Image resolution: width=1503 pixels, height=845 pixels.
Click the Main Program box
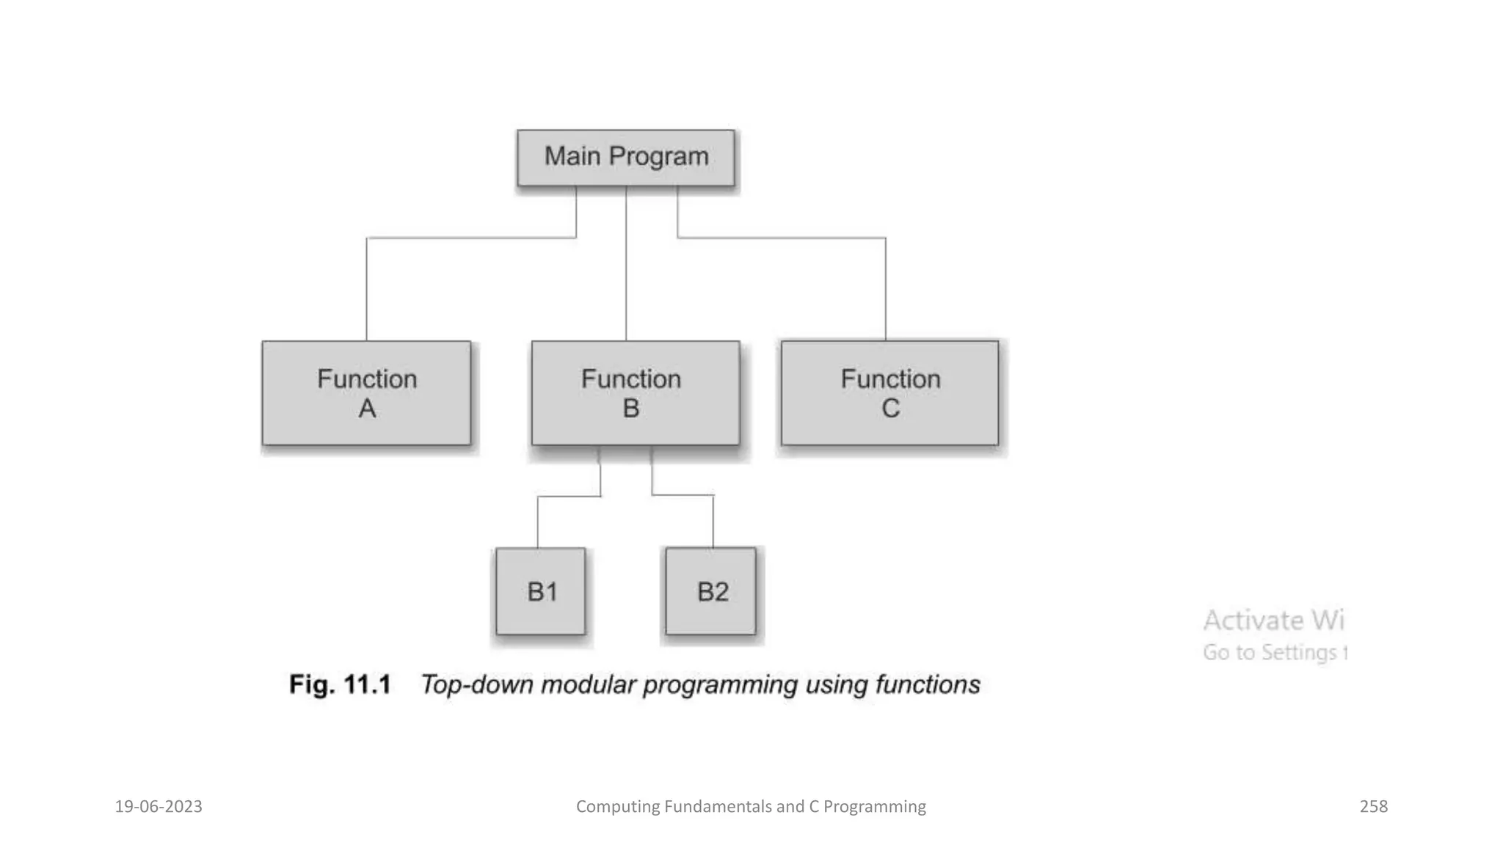tap(625, 158)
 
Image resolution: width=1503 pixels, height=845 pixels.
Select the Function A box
tap(366, 393)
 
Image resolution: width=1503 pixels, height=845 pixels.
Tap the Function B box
tap(635, 393)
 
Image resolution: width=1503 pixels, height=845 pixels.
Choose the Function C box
tap(889, 393)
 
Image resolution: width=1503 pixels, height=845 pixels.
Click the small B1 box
tap(541, 591)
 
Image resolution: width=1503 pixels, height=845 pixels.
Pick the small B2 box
tap(710, 591)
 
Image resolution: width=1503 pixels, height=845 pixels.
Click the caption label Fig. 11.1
tap(340, 684)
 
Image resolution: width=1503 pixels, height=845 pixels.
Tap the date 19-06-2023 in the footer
tap(159, 806)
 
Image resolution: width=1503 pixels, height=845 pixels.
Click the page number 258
tap(1373, 806)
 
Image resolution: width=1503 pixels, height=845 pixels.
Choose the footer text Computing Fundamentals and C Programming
tap(751, 806)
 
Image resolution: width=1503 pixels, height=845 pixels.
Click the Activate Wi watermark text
tap(1273, 621)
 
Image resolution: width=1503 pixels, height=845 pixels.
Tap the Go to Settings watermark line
tap(1275, 652)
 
